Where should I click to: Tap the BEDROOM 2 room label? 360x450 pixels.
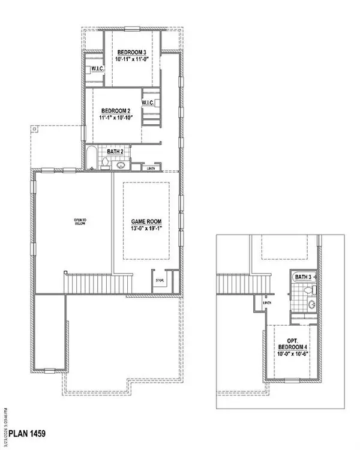coord(116,110)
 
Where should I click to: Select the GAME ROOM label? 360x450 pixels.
coord(146,221)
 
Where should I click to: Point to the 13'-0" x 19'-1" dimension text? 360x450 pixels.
coord(146,229)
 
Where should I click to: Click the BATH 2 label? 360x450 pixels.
coord(115,152)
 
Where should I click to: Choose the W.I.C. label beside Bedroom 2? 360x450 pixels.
coord(149,103)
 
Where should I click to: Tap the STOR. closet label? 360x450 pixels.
coord(160,280)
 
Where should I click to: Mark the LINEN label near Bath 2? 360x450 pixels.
coord(153,169)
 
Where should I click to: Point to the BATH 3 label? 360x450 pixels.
coord(303,277)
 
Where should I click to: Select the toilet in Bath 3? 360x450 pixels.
coord(308,290)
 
